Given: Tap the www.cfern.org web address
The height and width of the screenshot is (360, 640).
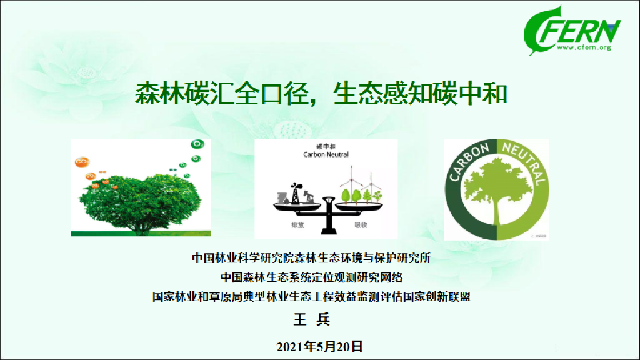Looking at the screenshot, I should (582, 47).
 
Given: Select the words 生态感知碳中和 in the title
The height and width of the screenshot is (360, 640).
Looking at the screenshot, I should (421, 95).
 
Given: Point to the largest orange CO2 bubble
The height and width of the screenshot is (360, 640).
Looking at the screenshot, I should (81, 162).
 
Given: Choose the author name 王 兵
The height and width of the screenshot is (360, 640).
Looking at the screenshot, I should (311, 319).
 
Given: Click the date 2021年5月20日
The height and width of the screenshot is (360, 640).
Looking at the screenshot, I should (319, 345).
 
